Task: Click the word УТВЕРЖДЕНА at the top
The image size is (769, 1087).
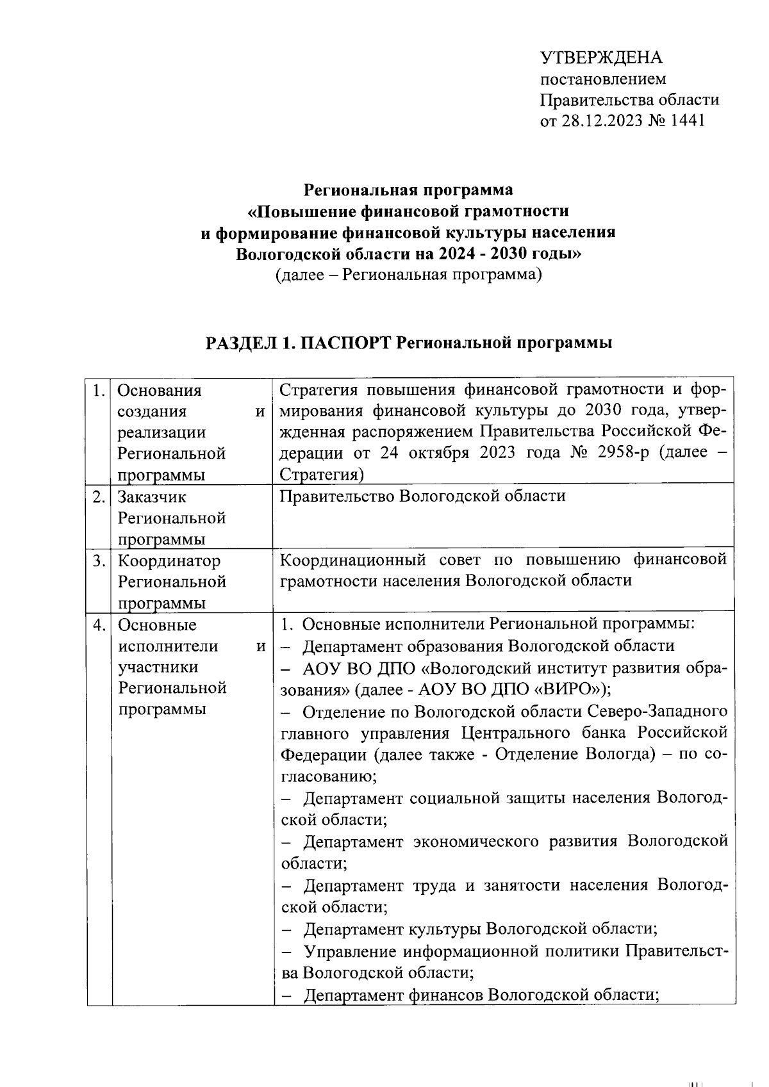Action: coord(602,58)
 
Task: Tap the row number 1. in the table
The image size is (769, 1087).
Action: coord(99,390)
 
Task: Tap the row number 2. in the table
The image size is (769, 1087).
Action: coord(99,496)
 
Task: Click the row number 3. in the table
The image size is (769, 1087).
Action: coord(99,560)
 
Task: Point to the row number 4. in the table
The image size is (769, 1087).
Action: coord(99,625)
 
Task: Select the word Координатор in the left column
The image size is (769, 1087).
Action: coord(169,560)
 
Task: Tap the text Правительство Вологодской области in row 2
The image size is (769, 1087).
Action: coord(423,496)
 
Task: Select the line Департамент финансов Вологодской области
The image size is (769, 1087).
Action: coord(481,995)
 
